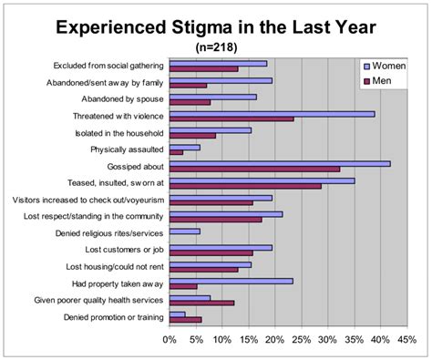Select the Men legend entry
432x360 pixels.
click(382, 81)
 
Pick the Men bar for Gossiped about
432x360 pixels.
click(254, 169)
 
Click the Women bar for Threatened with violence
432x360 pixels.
click(272, 113)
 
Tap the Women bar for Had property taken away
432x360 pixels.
click(231, 281)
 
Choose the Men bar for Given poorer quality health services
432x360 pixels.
click(201, 303)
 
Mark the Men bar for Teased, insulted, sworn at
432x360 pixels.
click(244, 186)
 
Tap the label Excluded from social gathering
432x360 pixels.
click(108, 65)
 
